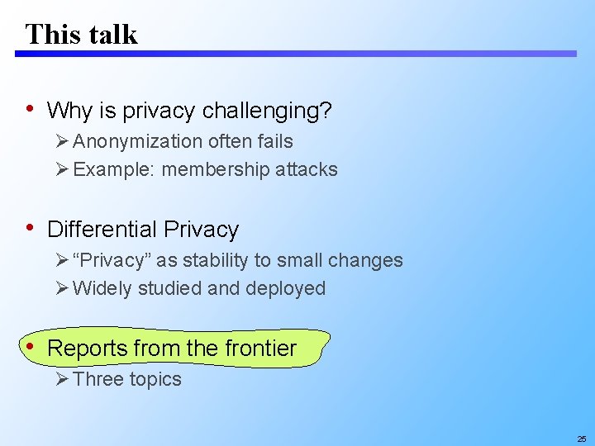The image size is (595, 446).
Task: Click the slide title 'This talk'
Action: point(81,34)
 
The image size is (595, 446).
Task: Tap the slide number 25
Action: point(582,439)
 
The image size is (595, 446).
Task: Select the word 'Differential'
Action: point(102,229)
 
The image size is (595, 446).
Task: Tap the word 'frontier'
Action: point(259,349)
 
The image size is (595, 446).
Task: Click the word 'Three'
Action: point(98,379)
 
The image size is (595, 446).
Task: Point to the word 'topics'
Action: point(154,379)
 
